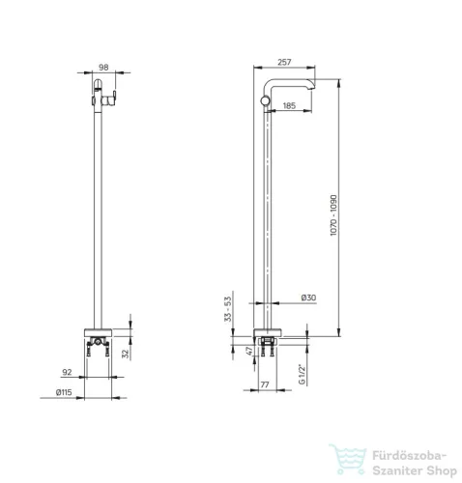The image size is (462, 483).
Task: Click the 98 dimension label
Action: (103, 68)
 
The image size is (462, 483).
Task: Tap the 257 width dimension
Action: (284, 62)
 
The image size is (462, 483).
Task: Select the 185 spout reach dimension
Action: (289, 105)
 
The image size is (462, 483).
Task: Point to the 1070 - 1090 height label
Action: (333, 215)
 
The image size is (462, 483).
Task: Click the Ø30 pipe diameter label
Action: (308, 298)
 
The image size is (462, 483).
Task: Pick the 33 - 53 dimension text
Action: (228, 309)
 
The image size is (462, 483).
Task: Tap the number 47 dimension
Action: (249, 351)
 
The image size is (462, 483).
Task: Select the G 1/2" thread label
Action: (302, 374)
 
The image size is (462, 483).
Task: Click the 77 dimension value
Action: (265, 384)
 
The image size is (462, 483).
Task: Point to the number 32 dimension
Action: (126, 354)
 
